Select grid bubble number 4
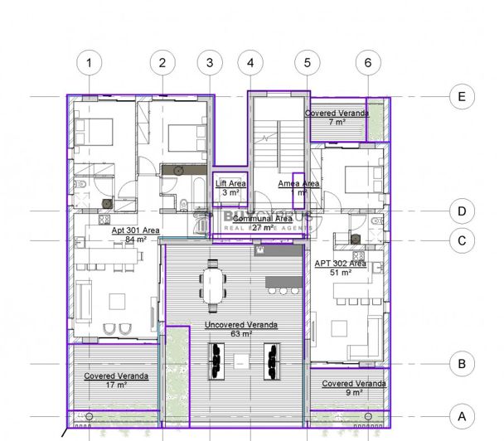(250, 62)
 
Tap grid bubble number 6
(368, 62)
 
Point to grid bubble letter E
(461, 97)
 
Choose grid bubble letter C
(461, 240)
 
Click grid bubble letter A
(461, 414)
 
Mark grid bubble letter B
(461, 362)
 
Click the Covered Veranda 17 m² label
(116, 380)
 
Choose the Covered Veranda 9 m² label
(353, 388)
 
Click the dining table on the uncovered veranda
(214, 283)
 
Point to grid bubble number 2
(162, 62)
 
